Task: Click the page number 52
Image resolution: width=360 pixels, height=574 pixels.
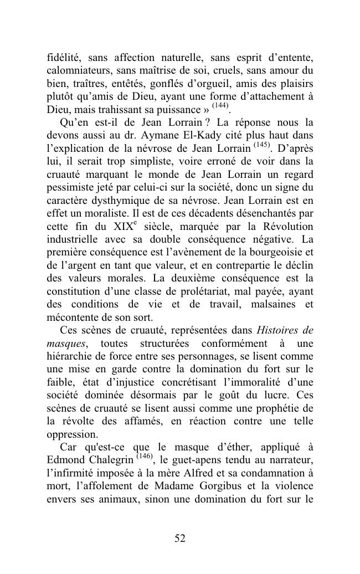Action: tap(180, 539)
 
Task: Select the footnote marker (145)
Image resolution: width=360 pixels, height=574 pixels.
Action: tap(263, 145)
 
